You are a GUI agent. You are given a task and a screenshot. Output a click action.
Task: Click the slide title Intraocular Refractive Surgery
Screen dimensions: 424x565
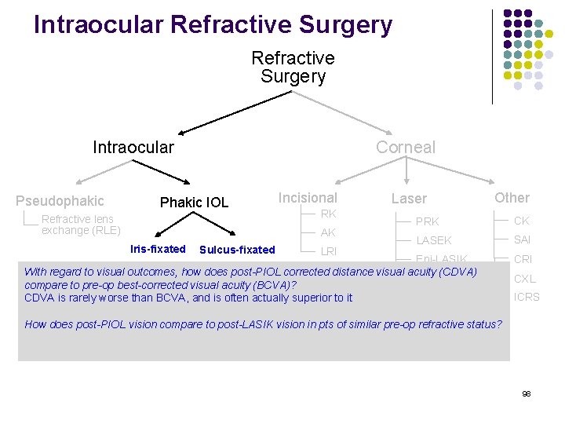pos(213,25)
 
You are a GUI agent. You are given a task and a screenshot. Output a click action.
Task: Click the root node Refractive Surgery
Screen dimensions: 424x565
pos(293,68)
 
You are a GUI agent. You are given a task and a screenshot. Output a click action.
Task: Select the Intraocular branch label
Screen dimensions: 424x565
pos(133,147)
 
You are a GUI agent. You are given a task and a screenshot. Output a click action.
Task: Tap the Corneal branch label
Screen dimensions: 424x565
pos(405,147)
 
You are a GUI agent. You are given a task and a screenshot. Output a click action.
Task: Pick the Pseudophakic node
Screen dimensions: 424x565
pos(60,201)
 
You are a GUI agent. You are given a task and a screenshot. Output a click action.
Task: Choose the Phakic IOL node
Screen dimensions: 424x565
pos(194,203)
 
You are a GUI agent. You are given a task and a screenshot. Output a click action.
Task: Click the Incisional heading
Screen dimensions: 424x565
pos(308,198)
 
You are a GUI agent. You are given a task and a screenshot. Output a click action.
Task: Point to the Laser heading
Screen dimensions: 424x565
pos(409,199)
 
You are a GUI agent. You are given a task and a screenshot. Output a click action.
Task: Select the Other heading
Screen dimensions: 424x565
pos(512,198)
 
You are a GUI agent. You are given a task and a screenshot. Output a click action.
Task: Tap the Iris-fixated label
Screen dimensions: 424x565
pos(158,249)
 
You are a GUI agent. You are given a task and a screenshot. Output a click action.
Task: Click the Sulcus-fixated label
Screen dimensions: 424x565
pos(237,250)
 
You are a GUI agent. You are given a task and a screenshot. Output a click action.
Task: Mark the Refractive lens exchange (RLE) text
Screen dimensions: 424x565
pos(80,225)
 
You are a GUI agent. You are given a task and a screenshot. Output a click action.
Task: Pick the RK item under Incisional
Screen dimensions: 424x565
pos(328,214)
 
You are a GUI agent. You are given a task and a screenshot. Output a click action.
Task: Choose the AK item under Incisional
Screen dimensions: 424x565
pos(328,232)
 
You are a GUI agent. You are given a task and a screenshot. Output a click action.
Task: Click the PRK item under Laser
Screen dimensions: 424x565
pos(427,221)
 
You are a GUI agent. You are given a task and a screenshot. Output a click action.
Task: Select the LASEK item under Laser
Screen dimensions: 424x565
pos(434,240)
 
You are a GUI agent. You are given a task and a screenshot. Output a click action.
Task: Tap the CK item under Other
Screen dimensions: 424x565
pos(522,221)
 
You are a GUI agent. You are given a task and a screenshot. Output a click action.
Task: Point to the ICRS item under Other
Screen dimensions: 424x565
pos(527,297)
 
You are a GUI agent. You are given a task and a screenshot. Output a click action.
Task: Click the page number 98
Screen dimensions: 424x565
pos(527,393)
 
